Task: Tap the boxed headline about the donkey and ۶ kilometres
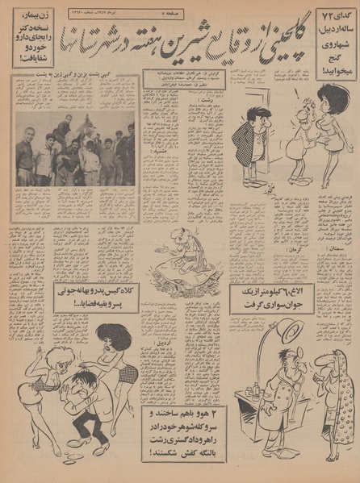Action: [263, 301]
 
